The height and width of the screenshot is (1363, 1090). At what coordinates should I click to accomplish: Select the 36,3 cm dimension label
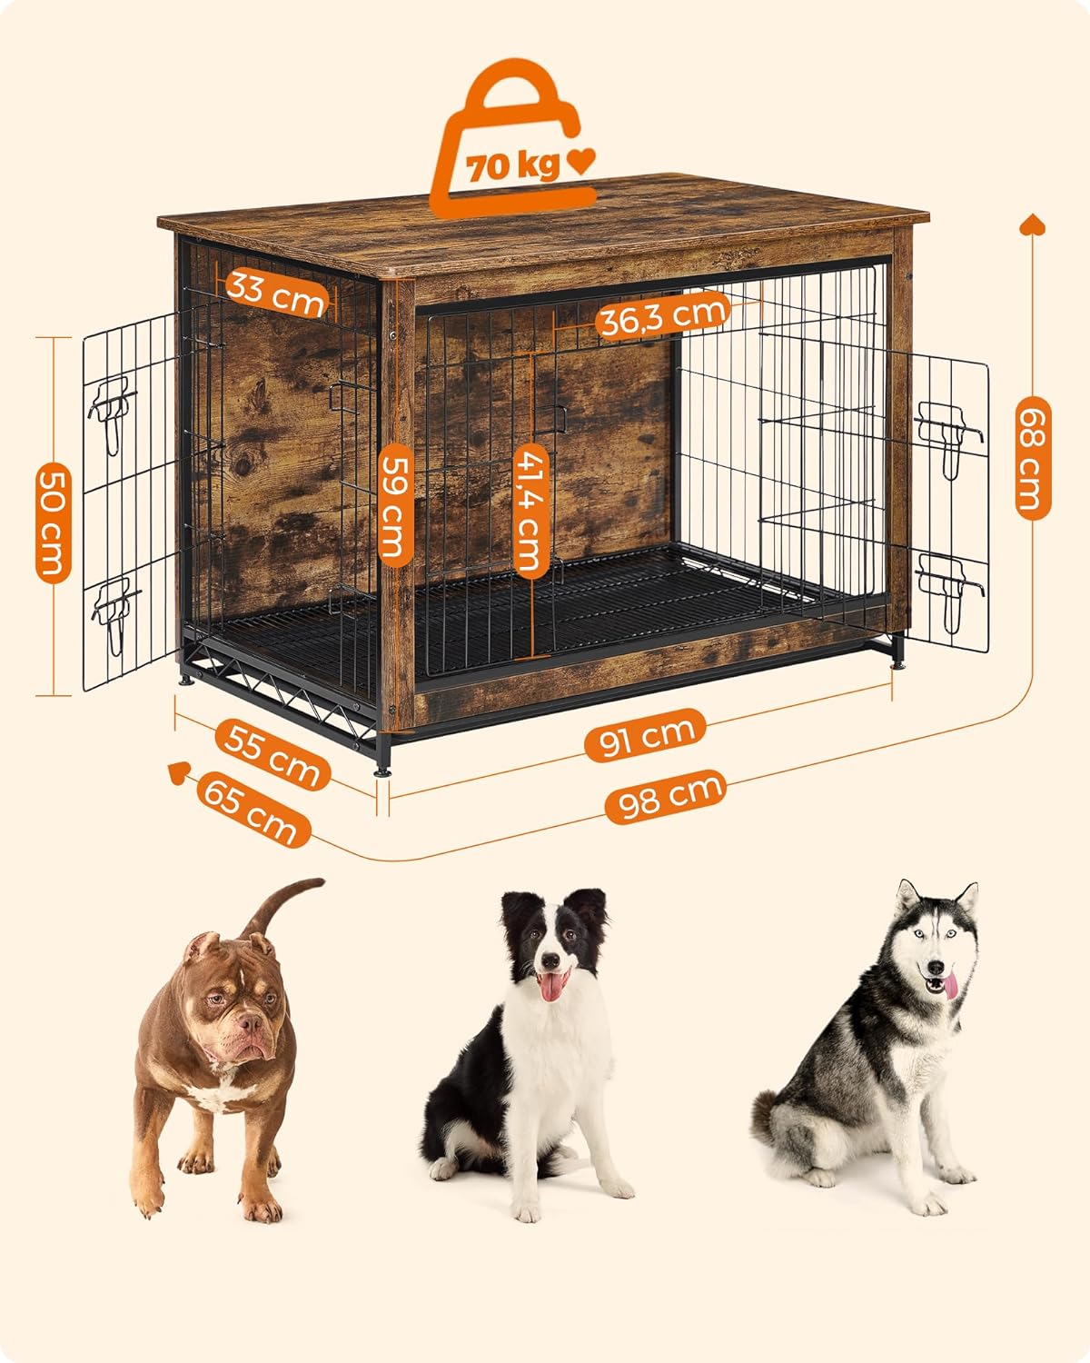pos(663,317)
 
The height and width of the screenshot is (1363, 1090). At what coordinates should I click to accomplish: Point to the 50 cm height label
pos(53,522)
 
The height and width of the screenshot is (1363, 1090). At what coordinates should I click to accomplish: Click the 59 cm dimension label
pos(394,503)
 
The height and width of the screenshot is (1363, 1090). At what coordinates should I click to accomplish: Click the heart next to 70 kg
pos(580,163)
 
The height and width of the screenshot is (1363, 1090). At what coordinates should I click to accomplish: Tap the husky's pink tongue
pos(949,986)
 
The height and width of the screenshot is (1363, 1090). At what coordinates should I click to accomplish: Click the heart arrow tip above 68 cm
pos(1033,224)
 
